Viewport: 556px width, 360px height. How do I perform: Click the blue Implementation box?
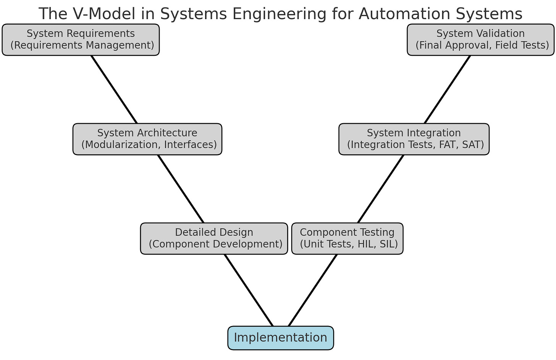pos(281,338)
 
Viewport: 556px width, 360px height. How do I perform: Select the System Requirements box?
pos(81,40)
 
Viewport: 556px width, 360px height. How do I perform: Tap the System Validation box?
pos(480,40)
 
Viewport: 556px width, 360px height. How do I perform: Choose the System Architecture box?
pos(147,139)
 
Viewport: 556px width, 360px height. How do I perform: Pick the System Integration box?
pos(414,139)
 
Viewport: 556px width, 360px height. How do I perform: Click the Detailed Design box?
pos(214,238)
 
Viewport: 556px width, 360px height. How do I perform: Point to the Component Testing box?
pos(347,238)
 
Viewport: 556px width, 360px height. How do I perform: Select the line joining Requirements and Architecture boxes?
pos(114,89)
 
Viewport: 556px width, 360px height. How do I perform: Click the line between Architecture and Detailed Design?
pos(181,189)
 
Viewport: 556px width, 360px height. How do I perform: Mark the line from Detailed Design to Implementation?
pos(249,290)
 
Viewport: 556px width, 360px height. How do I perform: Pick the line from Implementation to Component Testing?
pos(313,290)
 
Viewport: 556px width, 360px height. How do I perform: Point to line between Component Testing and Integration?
pos(381,189)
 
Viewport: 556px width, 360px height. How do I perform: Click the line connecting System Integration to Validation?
pos(447,89)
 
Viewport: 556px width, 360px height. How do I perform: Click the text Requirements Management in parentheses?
pos(82,45)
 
